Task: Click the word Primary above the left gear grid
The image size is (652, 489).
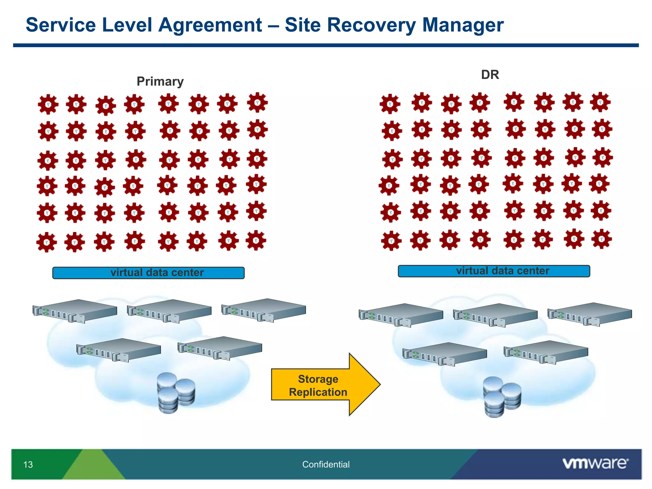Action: pos(160,81)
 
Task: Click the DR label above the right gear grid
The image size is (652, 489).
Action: pos(490,75)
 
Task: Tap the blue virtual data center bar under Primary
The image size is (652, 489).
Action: pos(148,273)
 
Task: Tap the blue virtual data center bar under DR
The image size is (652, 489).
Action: pos(494,271)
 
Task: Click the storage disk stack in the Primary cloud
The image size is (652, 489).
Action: pos(176,393)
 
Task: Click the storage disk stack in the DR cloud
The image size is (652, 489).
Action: pos(502,397)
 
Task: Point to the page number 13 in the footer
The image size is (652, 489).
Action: pos(28,464)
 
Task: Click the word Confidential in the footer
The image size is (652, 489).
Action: pos(326,464)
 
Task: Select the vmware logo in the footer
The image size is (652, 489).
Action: pos(595,463)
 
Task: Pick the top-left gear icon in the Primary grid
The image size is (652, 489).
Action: pos(48,104)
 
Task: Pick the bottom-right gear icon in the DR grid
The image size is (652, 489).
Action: pos(601,239)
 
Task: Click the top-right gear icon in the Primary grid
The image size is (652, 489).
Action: pos(257,103)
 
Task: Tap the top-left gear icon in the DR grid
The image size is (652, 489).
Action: pos(390,104)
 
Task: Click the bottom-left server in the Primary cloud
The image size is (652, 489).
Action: pos(119,350)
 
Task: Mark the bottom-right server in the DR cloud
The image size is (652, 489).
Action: pos(546,352)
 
